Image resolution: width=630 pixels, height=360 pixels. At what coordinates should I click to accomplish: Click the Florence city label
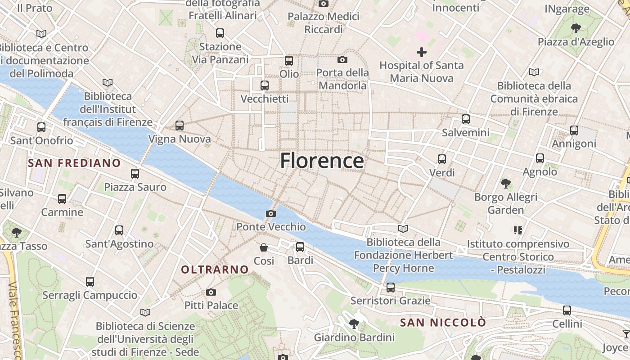[322, 161]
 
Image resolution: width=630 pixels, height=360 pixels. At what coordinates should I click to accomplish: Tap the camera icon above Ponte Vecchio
[271, 213]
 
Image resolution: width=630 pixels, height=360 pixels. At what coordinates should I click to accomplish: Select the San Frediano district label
[75, 163]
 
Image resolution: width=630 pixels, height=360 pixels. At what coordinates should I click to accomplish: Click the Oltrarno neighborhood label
[215, 270]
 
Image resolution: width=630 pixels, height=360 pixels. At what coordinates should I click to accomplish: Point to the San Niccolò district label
[443, 323]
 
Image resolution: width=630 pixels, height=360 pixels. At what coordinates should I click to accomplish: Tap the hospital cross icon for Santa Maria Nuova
[421, 52]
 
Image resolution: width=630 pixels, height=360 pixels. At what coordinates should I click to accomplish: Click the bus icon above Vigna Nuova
[180, 126]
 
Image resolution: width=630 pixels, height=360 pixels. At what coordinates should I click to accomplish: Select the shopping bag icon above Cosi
[264, 247]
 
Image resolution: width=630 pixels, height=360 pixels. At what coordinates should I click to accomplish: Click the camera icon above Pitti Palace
[211, 292]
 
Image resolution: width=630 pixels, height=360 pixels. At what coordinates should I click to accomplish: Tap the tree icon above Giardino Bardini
[354, 324]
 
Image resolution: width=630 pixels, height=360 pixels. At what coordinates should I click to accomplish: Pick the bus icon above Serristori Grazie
[390, 287]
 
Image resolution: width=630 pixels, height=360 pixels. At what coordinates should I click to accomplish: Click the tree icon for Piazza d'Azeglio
[576, 29]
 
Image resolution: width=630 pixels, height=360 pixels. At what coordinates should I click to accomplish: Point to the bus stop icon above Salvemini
[465, 119]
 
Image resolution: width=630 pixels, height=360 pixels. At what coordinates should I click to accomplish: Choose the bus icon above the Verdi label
[442, 159]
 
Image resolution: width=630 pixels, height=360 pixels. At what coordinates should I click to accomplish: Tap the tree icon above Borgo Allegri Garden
[506, 184]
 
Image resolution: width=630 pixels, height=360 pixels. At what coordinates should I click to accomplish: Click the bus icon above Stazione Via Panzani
[220, 33]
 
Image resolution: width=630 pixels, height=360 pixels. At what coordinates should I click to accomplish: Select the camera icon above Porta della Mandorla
[342, 59]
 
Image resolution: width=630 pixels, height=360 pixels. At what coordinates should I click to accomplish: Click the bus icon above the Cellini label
[567, 310]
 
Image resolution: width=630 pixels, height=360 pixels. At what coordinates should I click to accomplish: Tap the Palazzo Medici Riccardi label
[324, 23]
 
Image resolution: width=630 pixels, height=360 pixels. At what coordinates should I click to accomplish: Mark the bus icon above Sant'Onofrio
[41, 127]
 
